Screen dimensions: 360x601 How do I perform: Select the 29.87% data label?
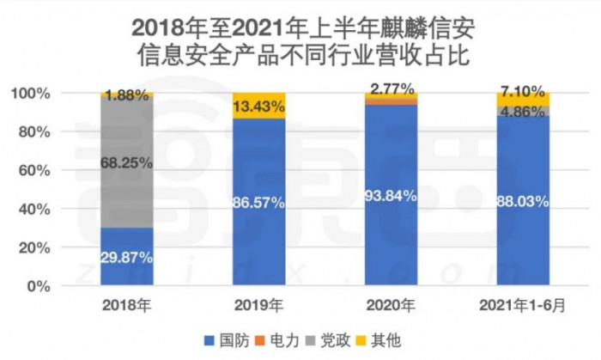click(x=126, y=256)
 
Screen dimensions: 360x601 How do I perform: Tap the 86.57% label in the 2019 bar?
click(x=259, y=202)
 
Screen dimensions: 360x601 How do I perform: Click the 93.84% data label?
click(x=391, y=196)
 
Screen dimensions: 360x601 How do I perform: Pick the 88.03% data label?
click(x=523, y=202)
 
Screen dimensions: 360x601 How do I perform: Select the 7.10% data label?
click(x=523, y=91)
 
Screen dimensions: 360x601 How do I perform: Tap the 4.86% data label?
click(x=523, y=111)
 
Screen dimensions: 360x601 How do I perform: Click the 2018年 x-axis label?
click(x=126, y=304)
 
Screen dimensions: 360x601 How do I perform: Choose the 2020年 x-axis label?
click(x=391, y=304)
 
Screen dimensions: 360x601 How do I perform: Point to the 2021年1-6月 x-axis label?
click(x=523, y=304)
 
